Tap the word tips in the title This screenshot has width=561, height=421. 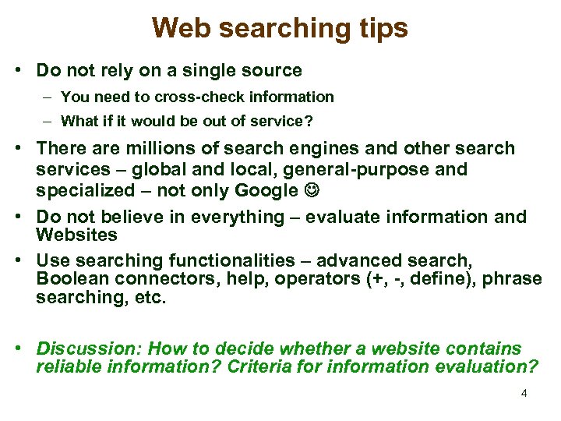pyautogui.click(x=381, y=29)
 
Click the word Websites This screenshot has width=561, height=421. pyautogui.click(x=76, y=234)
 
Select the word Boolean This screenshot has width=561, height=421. pyautogui.click(x=72, y=279)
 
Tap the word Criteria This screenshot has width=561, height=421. pyautogui.click(x=259, y=367)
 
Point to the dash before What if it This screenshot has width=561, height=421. pyautogui.click(x=48, y=122)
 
